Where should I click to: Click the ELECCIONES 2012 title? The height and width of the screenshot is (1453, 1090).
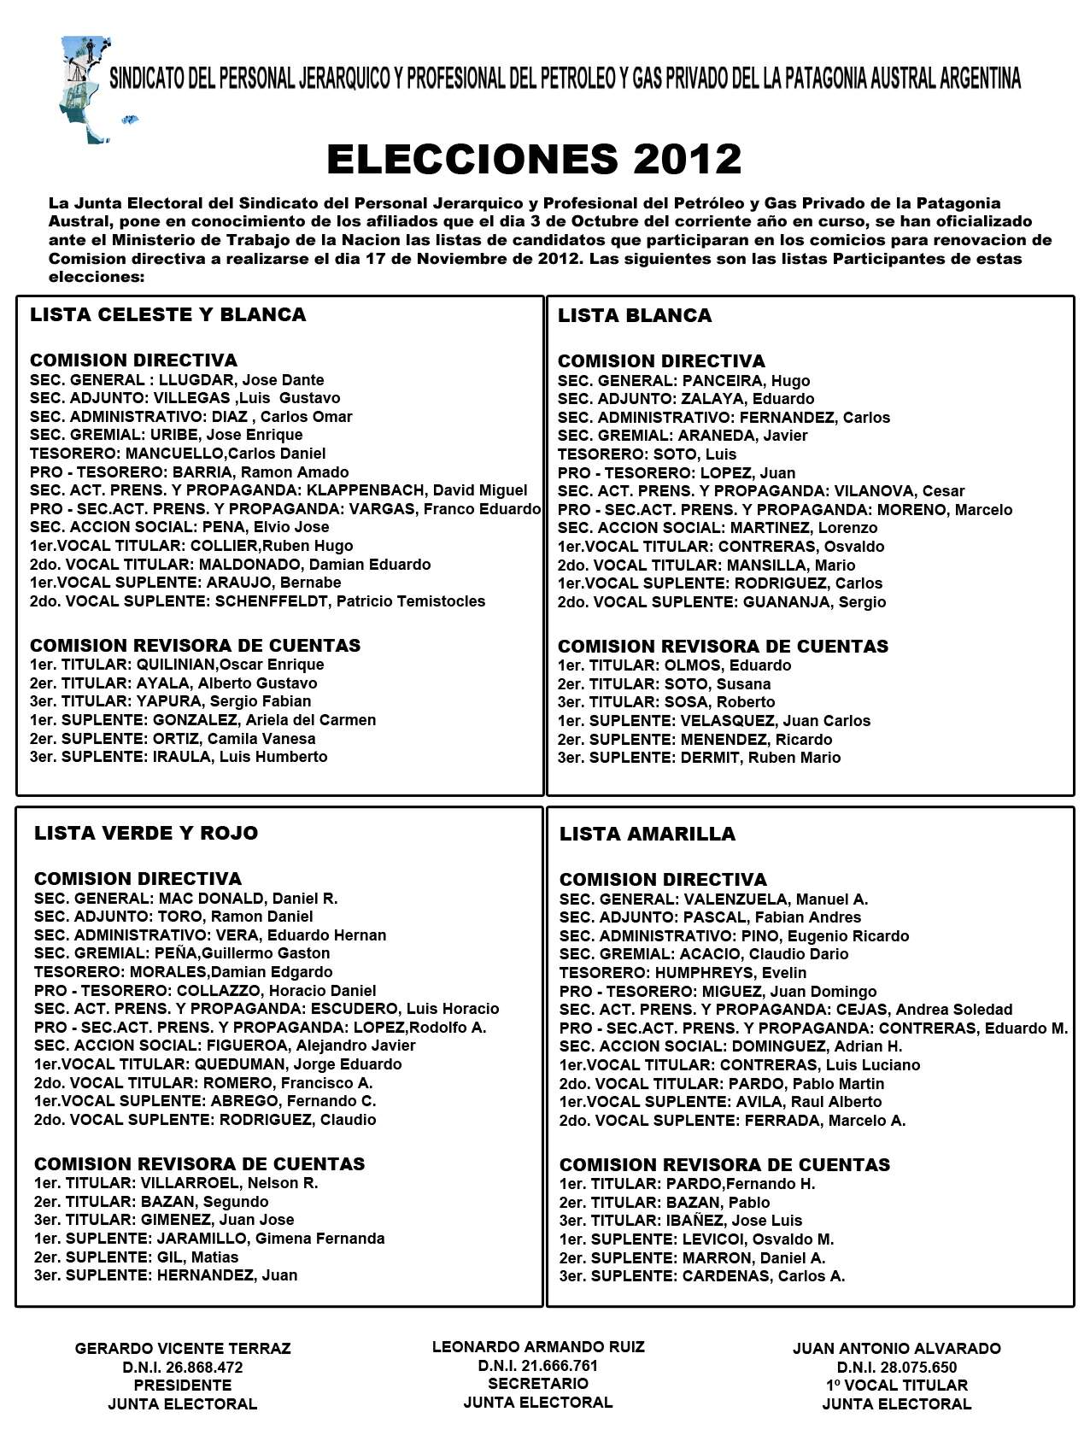coord(534,159)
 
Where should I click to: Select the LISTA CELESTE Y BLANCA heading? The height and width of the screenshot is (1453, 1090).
coord(167,314)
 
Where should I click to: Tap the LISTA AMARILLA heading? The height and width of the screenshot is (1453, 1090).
coord(647,834)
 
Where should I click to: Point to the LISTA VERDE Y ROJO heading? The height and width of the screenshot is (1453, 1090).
coord(146,833)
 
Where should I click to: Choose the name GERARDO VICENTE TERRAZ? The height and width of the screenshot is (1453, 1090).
coord(183,1349)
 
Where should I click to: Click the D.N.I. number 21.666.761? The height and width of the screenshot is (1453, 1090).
coord(552,1366)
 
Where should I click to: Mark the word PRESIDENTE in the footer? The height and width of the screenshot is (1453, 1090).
coord(183,1386)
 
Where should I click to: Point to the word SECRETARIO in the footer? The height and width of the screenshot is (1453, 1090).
coord(538,1384)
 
